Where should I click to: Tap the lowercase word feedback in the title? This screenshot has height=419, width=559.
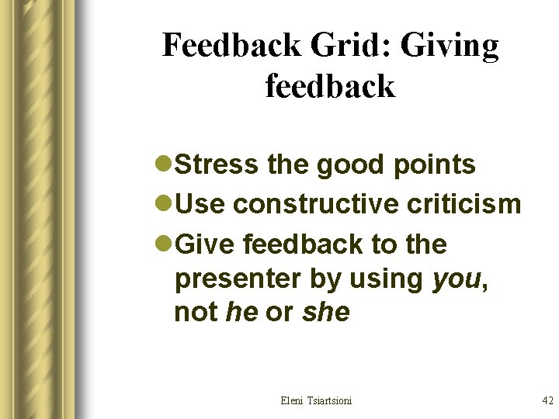tap(330, 85)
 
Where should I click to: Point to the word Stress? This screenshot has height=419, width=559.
tap(217, 164)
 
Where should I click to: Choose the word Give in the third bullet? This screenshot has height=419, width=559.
tap(207, 244)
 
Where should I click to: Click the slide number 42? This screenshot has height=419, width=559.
tap(547, 400)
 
